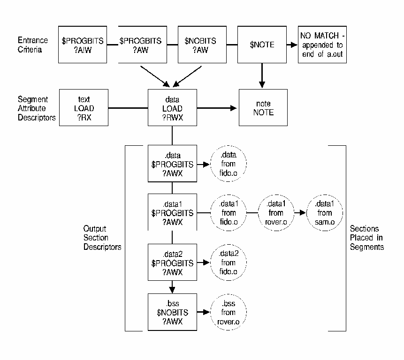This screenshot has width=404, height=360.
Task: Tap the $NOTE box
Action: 262,45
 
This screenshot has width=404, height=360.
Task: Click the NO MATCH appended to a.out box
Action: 323,45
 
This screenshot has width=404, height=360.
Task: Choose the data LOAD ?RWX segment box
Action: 172,109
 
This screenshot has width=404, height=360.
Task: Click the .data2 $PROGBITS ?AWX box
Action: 172,262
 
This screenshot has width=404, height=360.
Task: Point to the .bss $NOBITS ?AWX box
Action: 172,312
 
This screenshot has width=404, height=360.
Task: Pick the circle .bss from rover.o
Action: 228,312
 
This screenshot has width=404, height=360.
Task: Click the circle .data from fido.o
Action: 228,164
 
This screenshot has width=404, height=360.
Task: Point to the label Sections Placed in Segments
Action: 366,238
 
